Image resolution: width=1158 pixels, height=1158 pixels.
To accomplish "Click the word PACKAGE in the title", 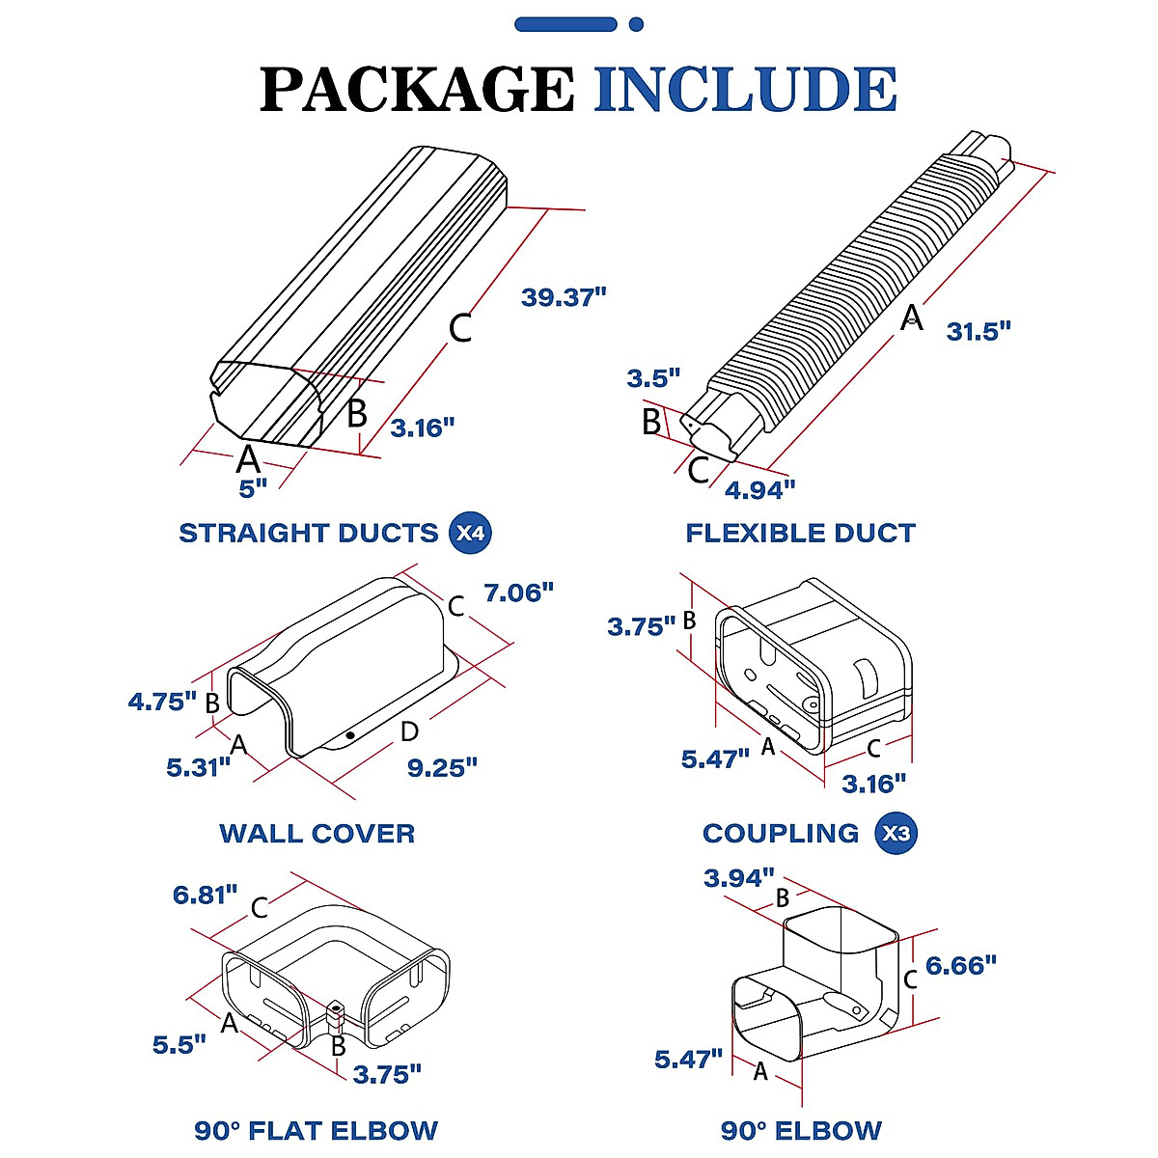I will click(x=417, y=90).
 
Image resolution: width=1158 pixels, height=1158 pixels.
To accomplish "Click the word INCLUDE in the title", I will click(x=745, y=90).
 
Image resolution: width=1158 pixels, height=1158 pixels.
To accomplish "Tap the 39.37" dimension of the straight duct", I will click(x=564, y=297).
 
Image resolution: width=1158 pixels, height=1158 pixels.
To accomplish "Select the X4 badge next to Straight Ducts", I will click(x=471, y=533).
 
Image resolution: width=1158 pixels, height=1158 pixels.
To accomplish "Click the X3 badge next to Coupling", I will click(x=896, y=833).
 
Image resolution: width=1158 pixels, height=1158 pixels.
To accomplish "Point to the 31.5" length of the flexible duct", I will click(x=978, y=331).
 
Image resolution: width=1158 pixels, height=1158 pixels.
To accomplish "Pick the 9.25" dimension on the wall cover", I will click(x=442, y=768).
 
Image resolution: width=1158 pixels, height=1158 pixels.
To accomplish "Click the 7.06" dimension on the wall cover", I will click(x=519, y=593).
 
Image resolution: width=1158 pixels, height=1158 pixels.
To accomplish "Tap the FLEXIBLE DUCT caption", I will click(x=800, y=533).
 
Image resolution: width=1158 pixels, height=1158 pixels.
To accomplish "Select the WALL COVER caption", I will click(x=317, y=833).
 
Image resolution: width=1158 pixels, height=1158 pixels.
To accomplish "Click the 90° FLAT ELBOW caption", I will click(x=317, y=1130).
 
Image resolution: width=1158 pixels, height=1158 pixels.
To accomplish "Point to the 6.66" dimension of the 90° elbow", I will click(x=960, y=965).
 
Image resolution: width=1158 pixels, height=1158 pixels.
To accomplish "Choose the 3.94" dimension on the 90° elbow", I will click(x=739, y=878).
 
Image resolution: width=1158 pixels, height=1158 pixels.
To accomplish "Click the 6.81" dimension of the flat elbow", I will click(x=205, y=895).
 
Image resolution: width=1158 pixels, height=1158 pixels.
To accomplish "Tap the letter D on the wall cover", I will click(x=409, y=732).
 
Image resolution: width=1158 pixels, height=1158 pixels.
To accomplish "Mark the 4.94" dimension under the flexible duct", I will click(x=759, y=490).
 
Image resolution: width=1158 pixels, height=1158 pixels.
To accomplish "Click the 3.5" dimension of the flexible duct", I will click(x=653, y=378).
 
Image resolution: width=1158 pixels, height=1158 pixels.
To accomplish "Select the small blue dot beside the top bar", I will click(x=636, y=24).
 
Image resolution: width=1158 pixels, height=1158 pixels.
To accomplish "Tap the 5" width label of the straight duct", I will click(x=253, y=489).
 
